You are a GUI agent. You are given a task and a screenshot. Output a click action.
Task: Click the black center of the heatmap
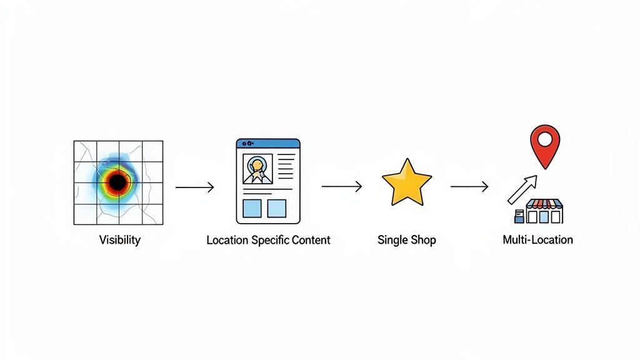tap(117, 182)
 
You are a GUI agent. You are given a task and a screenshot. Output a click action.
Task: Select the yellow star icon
tap(406, 182)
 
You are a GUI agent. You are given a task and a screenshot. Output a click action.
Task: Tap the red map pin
tap(545, 145)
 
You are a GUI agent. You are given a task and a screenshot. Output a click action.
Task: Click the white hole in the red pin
tap(545, 137)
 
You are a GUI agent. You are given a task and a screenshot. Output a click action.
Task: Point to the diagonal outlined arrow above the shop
tap(522, 189)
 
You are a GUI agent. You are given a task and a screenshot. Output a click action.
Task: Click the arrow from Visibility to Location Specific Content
tap(194, 187)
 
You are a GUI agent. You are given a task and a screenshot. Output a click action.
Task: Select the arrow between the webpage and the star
tap(341, 186)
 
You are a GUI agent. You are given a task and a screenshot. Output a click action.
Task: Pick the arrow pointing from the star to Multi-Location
tap(469, 186)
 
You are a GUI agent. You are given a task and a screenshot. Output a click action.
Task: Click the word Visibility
tap(119, 240)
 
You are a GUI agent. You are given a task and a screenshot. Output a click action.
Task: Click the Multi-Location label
tap(537, 240)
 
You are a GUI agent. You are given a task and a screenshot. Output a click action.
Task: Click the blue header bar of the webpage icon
tap(268, 143)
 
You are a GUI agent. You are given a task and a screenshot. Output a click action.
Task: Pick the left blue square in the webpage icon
tap(251, 208)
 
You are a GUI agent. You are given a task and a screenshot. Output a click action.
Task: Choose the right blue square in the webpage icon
tap(277, 208)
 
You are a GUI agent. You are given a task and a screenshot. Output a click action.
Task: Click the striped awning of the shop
tap(544, 204)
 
